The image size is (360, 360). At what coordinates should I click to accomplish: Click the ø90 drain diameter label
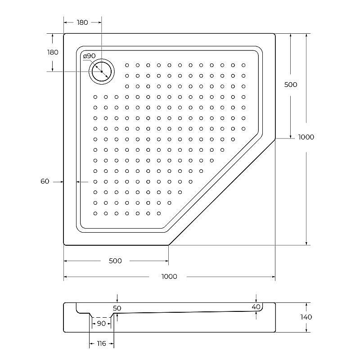[x=89, y=56]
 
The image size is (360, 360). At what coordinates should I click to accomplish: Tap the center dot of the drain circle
[x=102, y=72]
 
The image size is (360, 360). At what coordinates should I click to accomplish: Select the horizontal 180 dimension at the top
[x=82, y=22]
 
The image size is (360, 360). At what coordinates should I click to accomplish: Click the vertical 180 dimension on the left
[x=53, y=52]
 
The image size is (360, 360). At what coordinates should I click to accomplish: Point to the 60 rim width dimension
[x=45, y=181]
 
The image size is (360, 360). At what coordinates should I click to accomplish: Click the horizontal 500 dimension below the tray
[x=116, y=261]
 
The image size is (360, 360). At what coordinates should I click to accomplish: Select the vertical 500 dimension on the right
[x=291, y=84]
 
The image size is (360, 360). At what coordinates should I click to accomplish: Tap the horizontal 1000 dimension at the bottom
[x=169, y=276]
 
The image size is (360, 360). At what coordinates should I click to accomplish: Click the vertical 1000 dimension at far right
[x=306, y=137]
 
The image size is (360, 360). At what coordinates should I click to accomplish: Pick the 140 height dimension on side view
[x=306, y=317]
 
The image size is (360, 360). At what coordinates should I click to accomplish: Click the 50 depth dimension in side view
[x=117, y=308]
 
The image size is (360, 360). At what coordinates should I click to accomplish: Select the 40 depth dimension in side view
[x=256, y=306]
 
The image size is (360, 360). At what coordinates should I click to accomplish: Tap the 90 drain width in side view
[x=101, y=324]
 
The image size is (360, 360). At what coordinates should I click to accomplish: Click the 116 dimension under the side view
[x=101, y=343]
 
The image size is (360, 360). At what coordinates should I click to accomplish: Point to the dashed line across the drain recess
[x=101, y=317]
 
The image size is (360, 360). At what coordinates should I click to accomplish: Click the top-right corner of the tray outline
[x=274, y=34]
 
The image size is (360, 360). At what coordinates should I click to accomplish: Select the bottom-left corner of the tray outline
[x=64, y=244]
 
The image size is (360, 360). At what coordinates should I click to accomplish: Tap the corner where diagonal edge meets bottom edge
[x=169, y=245]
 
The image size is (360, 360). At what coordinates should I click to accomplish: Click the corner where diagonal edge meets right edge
[x=275, y=139]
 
